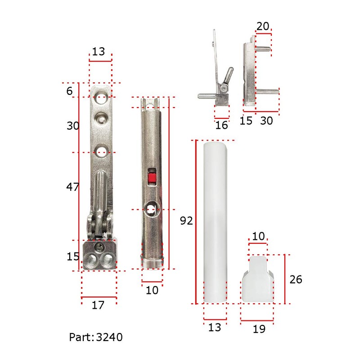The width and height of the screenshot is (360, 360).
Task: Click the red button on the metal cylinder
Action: click(x=152, y=179)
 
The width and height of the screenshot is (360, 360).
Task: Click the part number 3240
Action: click(x=109, y=337)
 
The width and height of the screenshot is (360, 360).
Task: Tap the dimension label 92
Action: click(x=186, y=220)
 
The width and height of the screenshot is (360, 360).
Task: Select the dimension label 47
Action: click(x=72, y=187)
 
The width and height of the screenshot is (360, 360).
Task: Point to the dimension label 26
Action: click(x=296, y=279)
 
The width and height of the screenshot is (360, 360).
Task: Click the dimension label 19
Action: click(x=259, y=329)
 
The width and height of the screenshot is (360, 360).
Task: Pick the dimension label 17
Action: click(x=98, y=305)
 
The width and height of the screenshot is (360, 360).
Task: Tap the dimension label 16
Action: click(x=221, y=125)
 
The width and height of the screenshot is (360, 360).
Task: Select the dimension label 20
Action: click(x=263, y=26)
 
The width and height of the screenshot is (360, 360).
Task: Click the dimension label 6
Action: click(x=70, y=91)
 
